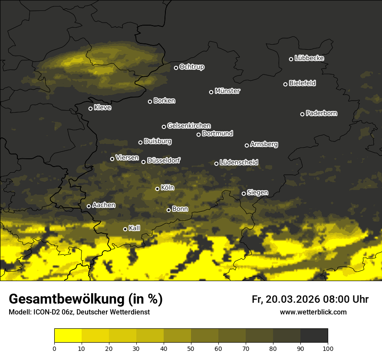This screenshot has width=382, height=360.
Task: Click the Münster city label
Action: click(227, 91)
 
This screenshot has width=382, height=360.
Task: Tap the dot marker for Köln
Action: click(158, 189)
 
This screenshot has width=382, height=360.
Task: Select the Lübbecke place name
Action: click(309, 58)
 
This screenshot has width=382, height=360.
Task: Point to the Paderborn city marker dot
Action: click(303, 114)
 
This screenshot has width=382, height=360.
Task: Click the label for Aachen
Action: click(104, 205)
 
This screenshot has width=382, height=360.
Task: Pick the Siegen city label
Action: click(257, 193)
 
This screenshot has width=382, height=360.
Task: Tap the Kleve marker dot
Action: click(91, 108)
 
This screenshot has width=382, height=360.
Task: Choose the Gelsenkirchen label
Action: click(189, 126)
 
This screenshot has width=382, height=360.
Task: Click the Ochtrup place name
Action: click(192, 67)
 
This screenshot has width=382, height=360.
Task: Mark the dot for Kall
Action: click(125, 229)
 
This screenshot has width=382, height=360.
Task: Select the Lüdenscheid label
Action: click(239, 163)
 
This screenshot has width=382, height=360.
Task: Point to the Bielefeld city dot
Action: click(286, 84)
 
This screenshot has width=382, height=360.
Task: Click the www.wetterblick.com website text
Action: click(313, 312)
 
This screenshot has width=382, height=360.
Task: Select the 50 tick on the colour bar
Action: click(191, 348)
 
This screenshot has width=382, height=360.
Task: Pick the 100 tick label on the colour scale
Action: click(328, 348)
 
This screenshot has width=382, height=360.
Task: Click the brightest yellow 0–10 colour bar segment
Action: click(68, 336)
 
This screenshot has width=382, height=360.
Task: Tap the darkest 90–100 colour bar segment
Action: click(314, 336)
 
